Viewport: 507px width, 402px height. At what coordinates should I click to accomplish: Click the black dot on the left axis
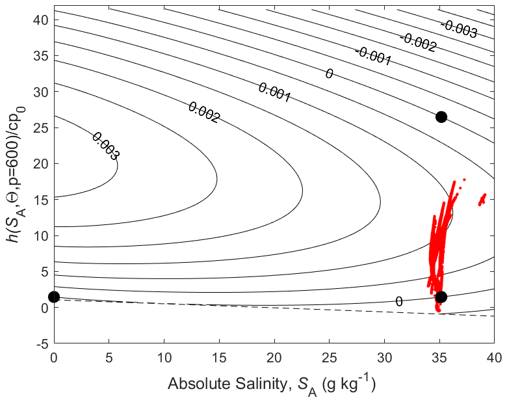[54, 297]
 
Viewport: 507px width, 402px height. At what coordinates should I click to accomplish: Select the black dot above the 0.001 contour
[441, 117]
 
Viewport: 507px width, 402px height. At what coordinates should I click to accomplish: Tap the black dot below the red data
[441, 297]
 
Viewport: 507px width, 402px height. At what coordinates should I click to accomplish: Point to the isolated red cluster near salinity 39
[482, 199]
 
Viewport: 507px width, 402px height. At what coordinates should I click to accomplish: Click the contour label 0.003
[105, 146]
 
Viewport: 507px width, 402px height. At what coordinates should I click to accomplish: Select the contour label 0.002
[203, 113]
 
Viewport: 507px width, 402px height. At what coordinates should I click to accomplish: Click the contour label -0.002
[417, 42]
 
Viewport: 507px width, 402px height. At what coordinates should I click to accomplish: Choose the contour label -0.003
[459, 29]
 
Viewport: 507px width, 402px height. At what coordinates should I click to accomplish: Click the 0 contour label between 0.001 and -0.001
[329, 74]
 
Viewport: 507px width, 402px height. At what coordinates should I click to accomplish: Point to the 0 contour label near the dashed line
[398, 301]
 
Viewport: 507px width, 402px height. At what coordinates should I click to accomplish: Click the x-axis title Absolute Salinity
[272, 384]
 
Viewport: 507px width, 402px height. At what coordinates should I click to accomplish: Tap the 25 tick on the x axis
[330, 356]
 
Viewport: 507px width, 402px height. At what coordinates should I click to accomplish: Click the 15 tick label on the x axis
[219, 356]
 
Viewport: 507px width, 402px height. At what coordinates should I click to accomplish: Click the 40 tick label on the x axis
[495, 356]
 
